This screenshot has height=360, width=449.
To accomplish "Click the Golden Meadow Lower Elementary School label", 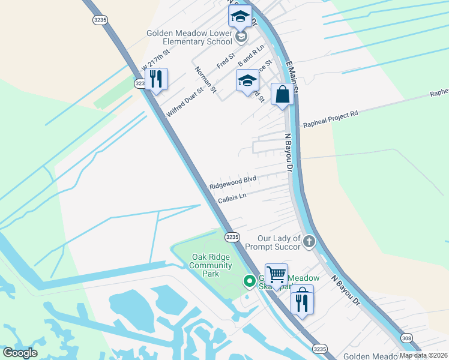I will click(189, 38).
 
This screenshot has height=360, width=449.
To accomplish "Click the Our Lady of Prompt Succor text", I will click(279, 243).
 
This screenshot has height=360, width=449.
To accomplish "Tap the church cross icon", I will click(309, 242).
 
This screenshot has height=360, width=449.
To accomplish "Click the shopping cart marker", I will click(276, 275).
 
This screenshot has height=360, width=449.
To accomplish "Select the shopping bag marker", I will click(282, 94).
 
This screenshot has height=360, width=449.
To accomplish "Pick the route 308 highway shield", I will click(408, 339).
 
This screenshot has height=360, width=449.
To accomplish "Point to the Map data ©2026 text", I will click(423, 355).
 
